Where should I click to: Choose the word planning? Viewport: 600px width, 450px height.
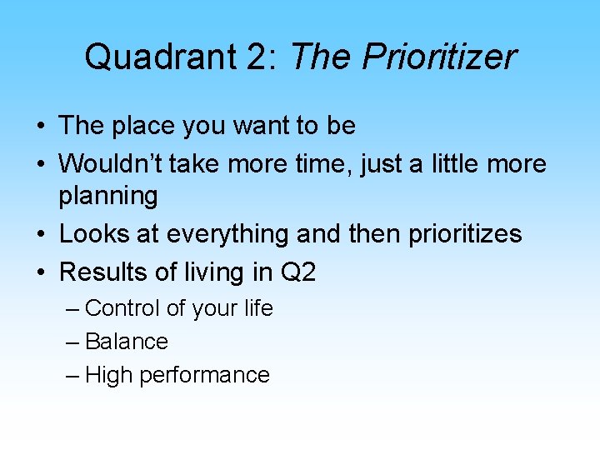point(108,197)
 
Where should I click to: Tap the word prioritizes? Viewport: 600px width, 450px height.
point(465,234)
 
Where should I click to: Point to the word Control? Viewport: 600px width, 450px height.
point(122,308)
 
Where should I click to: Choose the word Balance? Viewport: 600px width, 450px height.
point(127,342)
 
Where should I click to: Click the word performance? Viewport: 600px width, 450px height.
point(205,376)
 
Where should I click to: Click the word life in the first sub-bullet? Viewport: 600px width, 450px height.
point(258,308)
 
